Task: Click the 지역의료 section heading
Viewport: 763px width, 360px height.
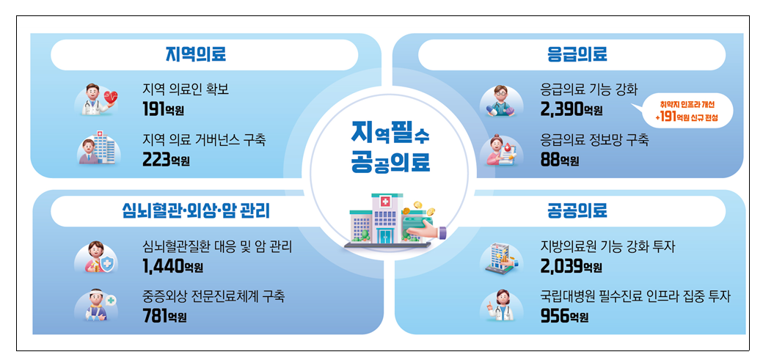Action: click(195, 54)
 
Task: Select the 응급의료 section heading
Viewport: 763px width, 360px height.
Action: click(577, 54)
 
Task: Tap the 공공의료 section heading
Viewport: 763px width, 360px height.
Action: click(577, 210)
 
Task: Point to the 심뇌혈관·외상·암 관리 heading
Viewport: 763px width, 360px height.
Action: click(195, 211)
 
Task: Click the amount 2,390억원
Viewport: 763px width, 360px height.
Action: click(572, 109)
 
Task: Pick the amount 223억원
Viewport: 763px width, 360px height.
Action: click(166, 159)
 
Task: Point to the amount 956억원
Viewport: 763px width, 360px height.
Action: click(564, 316)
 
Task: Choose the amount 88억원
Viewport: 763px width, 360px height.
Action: click(560, 160)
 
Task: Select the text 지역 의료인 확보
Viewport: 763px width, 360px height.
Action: click(186, 89)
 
